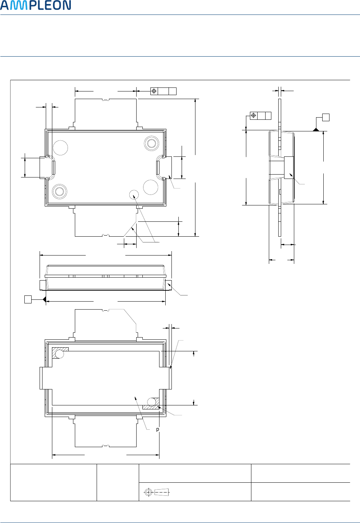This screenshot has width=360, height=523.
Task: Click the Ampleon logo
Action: pyautogui.click(x=36, y=5)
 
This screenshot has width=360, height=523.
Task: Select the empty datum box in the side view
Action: pyautogui.click(x=326, y=117)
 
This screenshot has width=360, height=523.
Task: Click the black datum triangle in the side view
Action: pyautogui.click(x=316, y=130)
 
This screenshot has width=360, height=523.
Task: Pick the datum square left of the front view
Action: pyautogui.click(x=28, y=299)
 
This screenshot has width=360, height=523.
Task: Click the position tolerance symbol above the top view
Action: pyautogui.click(x=154, y=91)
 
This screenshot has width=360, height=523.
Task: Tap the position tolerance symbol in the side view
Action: pyautogui.click(x=254, y=116)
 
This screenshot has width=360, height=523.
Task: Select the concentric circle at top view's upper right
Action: pyautogui.click(x=151, y=143)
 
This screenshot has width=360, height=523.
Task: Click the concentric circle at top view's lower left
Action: pyautogui.click(x=60, y=191)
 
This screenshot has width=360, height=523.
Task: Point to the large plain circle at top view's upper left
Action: pyautogui.click(x=60, y=147)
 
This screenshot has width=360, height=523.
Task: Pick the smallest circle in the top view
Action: pyautogui.click(x=134, y=195)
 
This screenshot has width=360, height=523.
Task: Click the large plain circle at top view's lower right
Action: pyautogui.click(x=150, y=187)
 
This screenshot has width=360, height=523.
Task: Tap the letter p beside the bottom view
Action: pyautogui.click(x=158, y=429)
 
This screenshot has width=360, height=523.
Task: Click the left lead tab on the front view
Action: pyautogui.click(x=43, y=285)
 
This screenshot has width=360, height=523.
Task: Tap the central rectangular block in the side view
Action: pyautogui.click(x=289, y=167)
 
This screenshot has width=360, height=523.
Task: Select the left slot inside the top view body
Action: pyautogui.click(x=54, y=167)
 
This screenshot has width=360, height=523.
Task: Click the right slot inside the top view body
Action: pyautogui.click(x=158, y=167)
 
